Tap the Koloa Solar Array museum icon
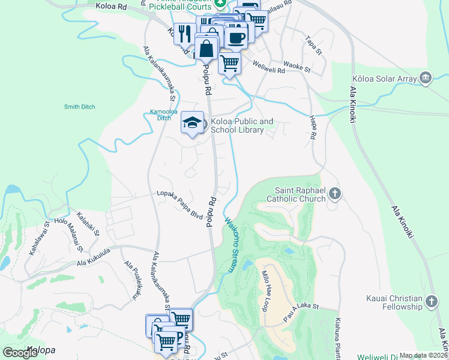point(426,77)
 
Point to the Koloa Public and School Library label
point(241,125)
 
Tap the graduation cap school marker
point(192,123)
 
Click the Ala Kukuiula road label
point(93,256)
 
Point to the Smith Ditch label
point(79,107)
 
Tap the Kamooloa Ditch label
point(161,115)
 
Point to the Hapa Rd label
point(312,128)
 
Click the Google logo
point(20,352)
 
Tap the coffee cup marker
point(237,37)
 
